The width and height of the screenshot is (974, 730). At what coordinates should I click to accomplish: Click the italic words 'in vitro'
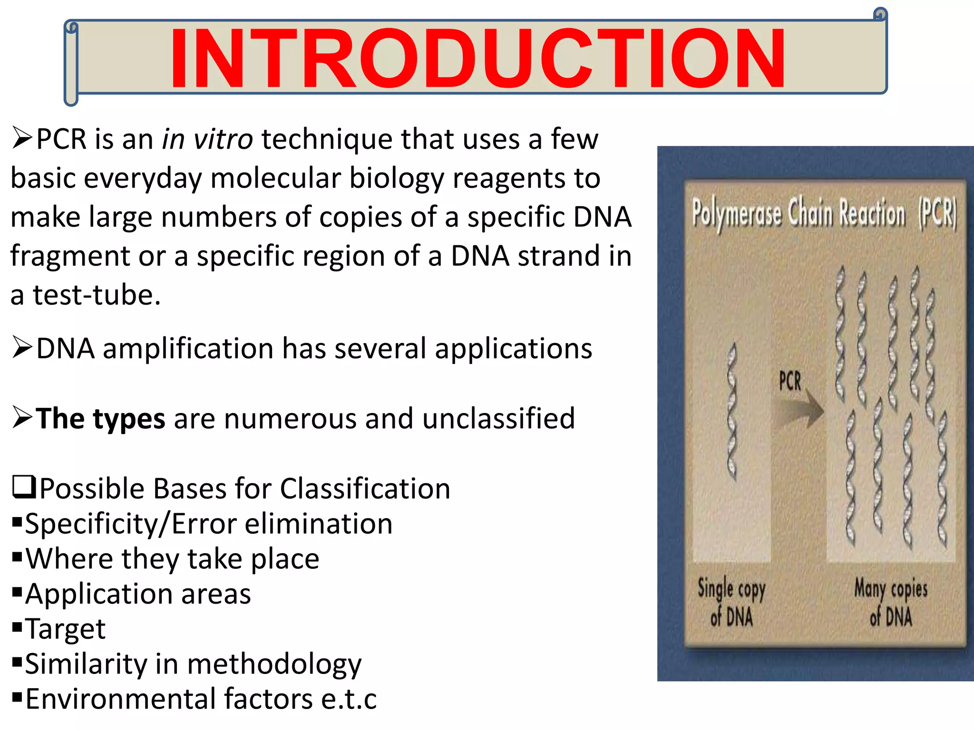pos(207,140)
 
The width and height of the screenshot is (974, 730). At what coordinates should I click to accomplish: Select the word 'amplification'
pos(188,348)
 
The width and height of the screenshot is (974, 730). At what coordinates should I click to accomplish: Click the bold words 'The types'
pos(100,419)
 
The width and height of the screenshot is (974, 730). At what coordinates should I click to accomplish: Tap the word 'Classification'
pos(365,489)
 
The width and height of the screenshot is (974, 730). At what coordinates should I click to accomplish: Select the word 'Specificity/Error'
pos(130,524)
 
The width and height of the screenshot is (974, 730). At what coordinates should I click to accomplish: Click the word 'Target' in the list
pos(65,629)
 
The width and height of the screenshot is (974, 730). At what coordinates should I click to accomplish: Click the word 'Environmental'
pos(121,699)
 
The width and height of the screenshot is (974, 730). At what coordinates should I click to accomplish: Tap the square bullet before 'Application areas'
pos(18,592)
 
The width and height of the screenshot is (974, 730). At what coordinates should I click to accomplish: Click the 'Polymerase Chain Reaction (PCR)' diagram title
pos(824,213)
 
